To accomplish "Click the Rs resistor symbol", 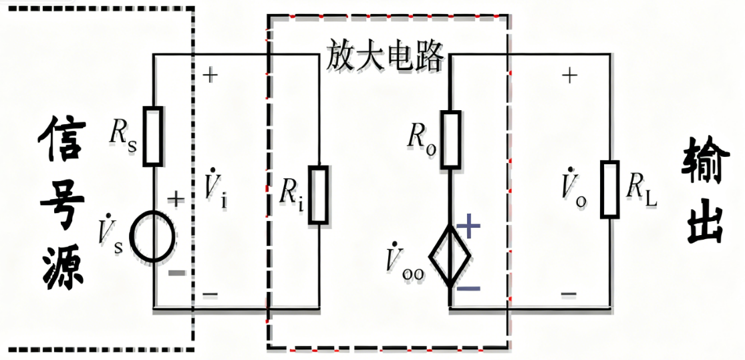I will (154, 136).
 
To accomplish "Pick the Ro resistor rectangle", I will (451, 138).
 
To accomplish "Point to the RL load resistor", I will (609, 189).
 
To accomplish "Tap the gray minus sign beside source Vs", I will (176, 273).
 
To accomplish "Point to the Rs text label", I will (122, 136).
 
